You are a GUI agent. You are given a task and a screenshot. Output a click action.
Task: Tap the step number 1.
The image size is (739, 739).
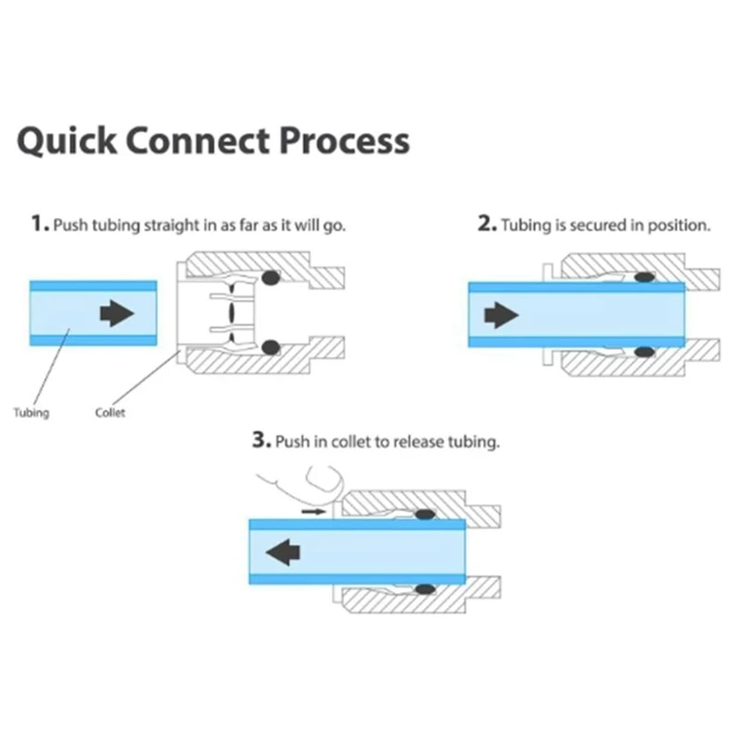coord(38,224)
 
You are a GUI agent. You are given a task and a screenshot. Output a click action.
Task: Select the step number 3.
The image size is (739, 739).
coord(260,441)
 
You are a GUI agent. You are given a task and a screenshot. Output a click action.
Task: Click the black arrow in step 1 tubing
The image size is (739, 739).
coord(116,313)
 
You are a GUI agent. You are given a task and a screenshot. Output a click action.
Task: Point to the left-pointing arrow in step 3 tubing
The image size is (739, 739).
coord(284,551)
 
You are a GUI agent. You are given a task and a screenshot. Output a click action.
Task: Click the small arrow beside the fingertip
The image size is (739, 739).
coord(314,508)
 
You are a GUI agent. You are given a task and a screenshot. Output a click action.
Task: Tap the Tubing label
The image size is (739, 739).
coord(31,413)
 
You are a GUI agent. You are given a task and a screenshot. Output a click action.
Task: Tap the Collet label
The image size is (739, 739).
coord(110,413)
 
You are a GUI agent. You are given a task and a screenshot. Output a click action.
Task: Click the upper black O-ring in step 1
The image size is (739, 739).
coord(271,277)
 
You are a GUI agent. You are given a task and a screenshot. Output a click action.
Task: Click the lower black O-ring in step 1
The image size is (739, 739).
coord(271,347)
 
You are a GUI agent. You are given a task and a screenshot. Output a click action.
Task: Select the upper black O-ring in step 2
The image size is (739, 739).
coord(644,276)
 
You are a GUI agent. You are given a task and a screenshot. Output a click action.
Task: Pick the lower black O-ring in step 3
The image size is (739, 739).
coord(424,588)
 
